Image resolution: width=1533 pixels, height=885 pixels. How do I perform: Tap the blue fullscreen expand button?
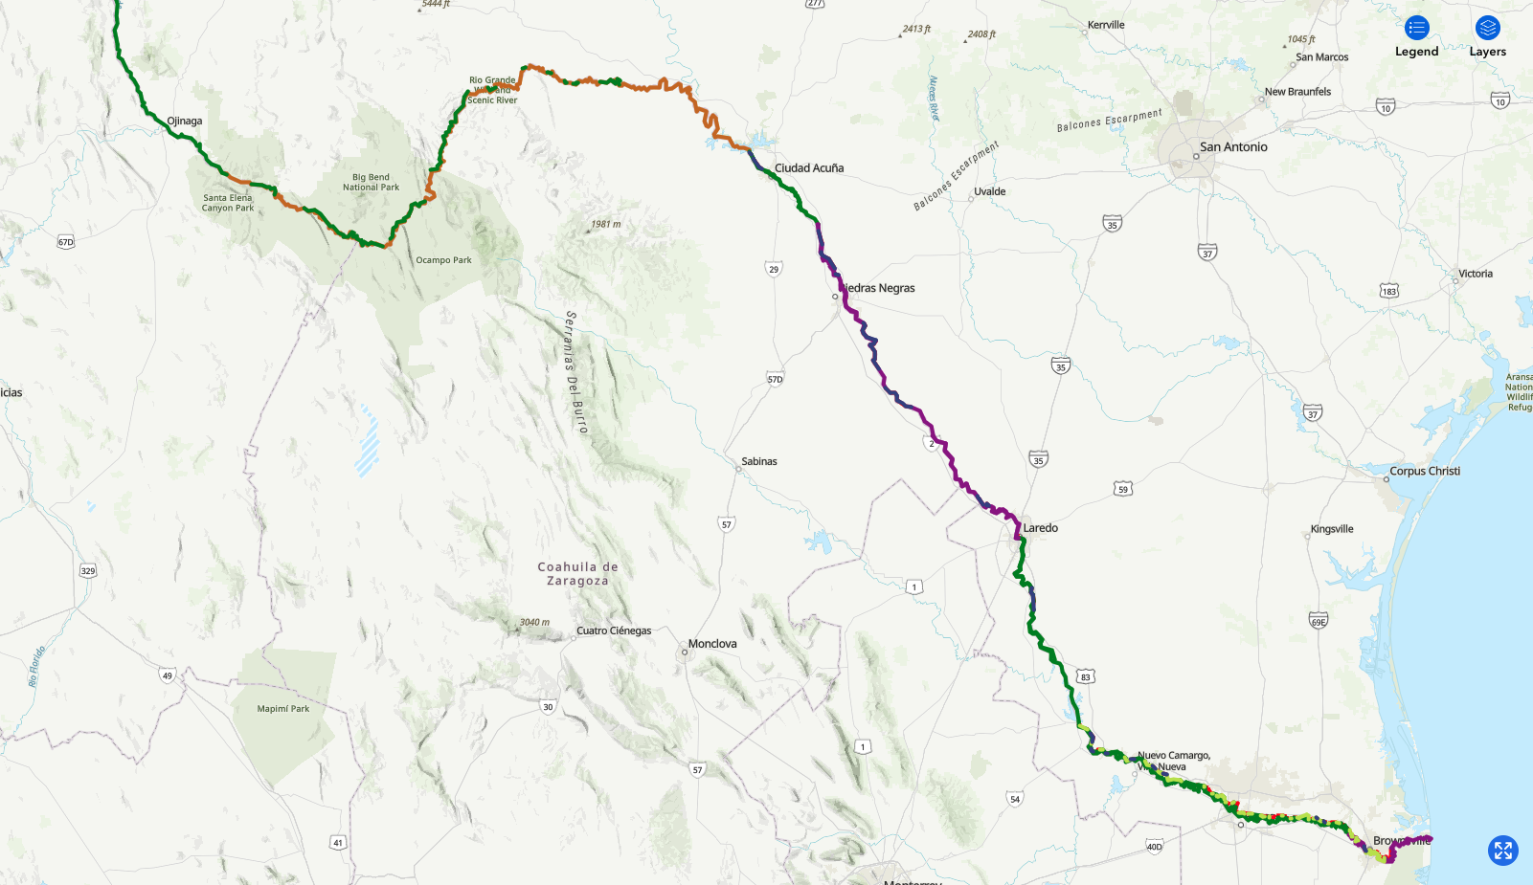click(x=1502, y=850)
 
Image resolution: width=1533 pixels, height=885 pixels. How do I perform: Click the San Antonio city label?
click(x=1233, y=147)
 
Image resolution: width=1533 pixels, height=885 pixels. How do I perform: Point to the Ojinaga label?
click(x=185, y=122)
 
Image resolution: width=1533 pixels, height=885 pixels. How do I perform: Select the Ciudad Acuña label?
click(x=809, y=168)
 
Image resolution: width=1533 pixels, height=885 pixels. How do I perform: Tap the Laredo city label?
click(x=1040, y=528)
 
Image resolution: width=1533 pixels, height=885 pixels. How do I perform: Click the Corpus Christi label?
click(x=1425, y=472)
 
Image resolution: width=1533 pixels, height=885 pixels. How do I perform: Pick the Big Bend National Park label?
click(x=371, y=182)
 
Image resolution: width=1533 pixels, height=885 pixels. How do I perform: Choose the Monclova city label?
click(x=712, y=644)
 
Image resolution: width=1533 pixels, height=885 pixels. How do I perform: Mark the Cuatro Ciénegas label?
click(x=614, y=631)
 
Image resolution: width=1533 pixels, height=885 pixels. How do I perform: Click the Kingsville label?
click(x=1332, y=529)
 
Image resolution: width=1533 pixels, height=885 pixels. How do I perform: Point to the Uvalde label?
click(x=990, y=192)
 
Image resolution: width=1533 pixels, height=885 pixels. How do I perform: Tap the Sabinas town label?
click(x=759, y=462)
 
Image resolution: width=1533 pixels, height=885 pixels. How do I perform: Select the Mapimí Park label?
click(x=283, y=709)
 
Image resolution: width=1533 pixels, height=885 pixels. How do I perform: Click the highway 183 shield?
click(x=1388, y=291)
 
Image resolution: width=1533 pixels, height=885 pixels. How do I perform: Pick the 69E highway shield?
click(x=1319, y=621)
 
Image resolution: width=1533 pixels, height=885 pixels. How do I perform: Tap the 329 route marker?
click(x=88, y=571)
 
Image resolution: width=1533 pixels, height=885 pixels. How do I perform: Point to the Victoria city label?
click(x=1476, y=275)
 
